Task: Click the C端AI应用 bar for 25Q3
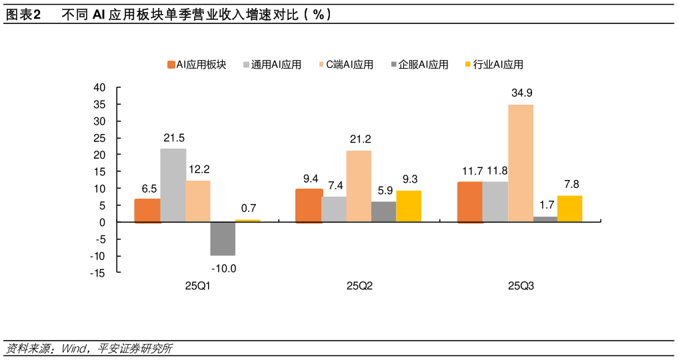(x=520, y=163)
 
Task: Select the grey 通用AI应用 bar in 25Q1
(x=173, y=185)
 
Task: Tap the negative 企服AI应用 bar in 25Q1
(x=223, y=239)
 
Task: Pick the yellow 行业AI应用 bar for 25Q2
(x=409, y=206)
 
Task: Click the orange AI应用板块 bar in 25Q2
(x=309, y=205)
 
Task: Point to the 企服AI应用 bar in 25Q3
(x=545, y=219)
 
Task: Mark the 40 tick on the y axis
(x=99, y=87)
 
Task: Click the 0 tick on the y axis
(x=103, y=222)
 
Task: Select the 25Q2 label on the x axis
(x=359, y=286)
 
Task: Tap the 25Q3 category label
(x=521, y=286)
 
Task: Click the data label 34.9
(x=522, y=93)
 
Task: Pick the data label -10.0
(x=223, y=269)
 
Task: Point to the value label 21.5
(x=174, y=138)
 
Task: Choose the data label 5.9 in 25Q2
(x=385, y=190)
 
